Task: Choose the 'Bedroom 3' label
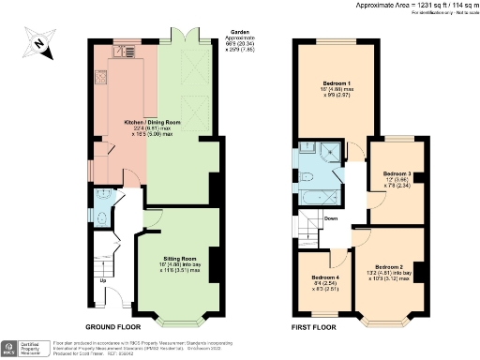click(x=397, y=174)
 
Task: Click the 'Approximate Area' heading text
click(x=386, y=6)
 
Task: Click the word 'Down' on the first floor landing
click(x=331, y=219)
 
